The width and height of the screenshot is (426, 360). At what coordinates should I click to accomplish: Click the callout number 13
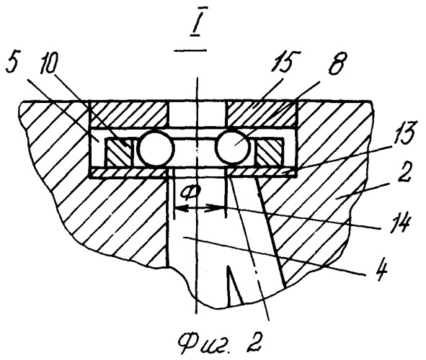coord(401,135)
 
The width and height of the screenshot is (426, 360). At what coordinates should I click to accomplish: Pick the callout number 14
coord(397,223)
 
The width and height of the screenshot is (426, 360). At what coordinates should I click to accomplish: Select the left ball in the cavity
coord(156,148)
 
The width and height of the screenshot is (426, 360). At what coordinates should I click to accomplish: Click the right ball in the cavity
coord(233,146)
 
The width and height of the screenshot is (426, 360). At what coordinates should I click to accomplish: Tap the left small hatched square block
coord(120,152)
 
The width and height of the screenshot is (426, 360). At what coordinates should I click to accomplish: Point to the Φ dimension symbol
coord(191,192)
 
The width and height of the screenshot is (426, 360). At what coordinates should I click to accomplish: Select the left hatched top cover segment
coord(128,114)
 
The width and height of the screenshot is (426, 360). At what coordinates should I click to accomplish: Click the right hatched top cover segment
coord(262,114)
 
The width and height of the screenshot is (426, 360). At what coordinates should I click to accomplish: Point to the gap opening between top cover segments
coord(196,114)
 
